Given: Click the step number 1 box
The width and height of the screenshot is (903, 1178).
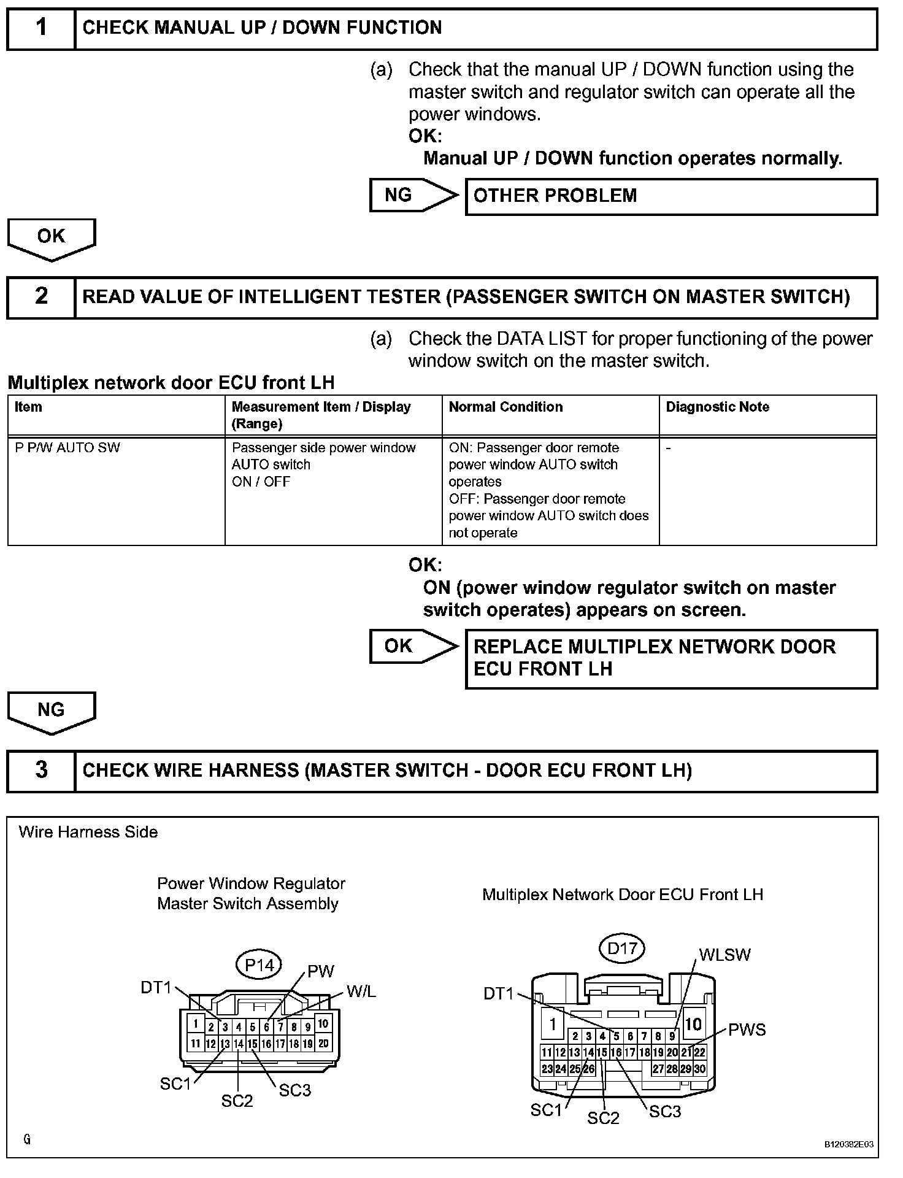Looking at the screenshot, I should click(x=40, y=28).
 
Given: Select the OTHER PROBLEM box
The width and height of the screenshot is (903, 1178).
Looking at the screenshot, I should click(x=671, y=196).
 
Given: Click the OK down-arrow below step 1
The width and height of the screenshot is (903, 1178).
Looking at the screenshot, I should click(x=52, y=238).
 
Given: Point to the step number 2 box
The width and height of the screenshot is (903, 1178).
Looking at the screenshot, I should click(x=40, y=297).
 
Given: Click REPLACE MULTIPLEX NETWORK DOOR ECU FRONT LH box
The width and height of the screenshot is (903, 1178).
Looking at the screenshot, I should click(x=671, y=658).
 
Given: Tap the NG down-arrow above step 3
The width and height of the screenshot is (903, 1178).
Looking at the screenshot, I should click(x=52, y=712).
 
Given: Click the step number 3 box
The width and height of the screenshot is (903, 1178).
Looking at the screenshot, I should click(x=40, y=771).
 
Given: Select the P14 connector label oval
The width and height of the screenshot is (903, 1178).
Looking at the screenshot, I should click(x=259, y=965).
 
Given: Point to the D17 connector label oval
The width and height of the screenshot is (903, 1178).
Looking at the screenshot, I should click(x=621, y=949).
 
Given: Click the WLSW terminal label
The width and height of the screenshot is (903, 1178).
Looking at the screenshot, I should click(x=724, y=955).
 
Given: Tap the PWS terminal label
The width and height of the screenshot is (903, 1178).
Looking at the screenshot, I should click(x=747, y=1030).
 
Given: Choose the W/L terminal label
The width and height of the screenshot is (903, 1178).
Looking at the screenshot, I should click(x=361, y=991).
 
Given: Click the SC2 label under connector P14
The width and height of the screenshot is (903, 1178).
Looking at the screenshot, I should click(x=237, y=1101).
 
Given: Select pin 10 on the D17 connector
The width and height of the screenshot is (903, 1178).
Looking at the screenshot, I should click(x=693, y=1024).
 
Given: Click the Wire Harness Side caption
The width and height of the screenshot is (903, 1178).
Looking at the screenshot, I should click(x=88, y=833).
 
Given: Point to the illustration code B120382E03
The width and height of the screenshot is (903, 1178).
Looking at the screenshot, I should click(x=848, y=1144).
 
